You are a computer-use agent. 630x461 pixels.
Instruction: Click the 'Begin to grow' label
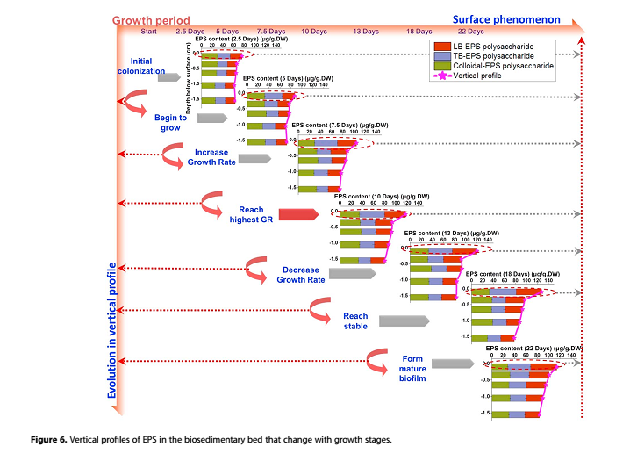tap(170, 122)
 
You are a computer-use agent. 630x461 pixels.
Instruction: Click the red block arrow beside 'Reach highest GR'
tap(299, 214)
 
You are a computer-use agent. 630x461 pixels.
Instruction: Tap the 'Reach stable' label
tap(355, 321)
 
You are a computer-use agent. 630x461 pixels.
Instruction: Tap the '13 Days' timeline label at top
tap(365, 32)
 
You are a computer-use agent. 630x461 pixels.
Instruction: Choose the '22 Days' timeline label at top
tap(470, 32)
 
